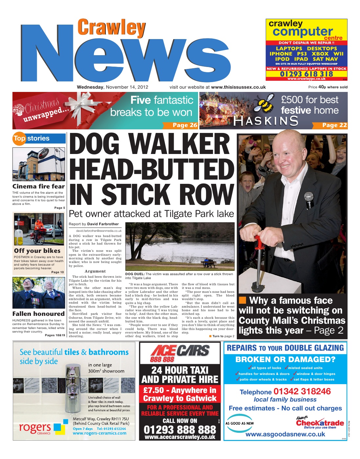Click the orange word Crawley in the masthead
pyautogui.click(x=111, y=28)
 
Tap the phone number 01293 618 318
pyautogui.click(x=306, y=74)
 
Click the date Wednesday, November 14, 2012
pyautogui.click(x=112, y=87)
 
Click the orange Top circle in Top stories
pyautogui.click(x=19, y=139)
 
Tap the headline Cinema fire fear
pyautogui.click(x=38, y=186)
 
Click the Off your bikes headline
pyautogui.click(x=37, y=251)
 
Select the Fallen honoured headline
pyautogui.click(x=38, y=314)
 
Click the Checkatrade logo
pyautogui.click(x=320, y=423)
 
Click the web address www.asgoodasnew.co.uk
pyautogui.click(x=285, y=434)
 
